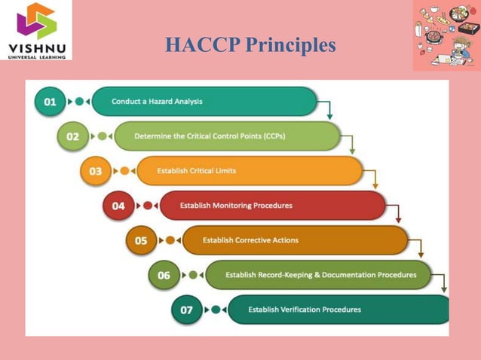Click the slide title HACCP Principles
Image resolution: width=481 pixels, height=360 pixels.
pos(250,46)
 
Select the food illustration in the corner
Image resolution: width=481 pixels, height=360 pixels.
pos(446,35)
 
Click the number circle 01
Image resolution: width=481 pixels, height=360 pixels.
pos(50,102)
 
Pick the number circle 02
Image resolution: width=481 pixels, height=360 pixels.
pos(72,136)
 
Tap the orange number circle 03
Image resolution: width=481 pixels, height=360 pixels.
pos(96,171)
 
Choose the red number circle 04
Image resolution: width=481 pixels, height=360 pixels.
pos(118,206)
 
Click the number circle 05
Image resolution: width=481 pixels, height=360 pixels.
pos(141,241)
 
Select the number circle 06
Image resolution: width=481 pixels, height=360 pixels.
pos(164,276)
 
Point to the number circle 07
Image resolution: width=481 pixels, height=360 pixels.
pos(186,310)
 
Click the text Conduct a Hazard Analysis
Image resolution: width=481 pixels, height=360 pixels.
pos(157,101)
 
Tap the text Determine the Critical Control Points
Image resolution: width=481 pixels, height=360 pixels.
pos(210,136)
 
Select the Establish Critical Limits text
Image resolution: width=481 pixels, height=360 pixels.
pos(196,171)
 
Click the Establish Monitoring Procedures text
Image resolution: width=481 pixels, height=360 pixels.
pos(236,206)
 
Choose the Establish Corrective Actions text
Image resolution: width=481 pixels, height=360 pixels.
pos(250,240)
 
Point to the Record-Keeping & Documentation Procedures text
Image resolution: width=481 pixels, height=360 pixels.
pos(320,275)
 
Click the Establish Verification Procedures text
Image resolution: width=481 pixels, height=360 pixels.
pos(305,310)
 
